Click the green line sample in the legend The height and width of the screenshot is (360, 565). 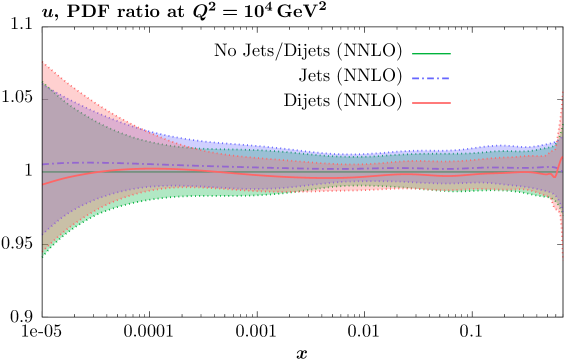(431, 54)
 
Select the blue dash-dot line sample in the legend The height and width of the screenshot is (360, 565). (431, 78)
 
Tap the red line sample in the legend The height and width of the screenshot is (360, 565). (431, 103)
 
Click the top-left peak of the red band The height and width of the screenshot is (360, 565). (44, 64)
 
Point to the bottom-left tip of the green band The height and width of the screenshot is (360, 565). (43, 255)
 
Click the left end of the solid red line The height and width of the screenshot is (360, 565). (43, 184)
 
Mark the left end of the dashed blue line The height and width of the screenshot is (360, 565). (43, 165)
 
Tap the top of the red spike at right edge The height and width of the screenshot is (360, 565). (562, 93)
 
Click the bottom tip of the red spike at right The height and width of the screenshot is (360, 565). (562, 256)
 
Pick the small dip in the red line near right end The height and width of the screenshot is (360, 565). (554, 177)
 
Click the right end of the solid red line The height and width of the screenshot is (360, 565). (562, 157)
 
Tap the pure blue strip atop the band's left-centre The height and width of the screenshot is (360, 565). (200, 143)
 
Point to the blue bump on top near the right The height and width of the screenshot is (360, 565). (495, 148)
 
